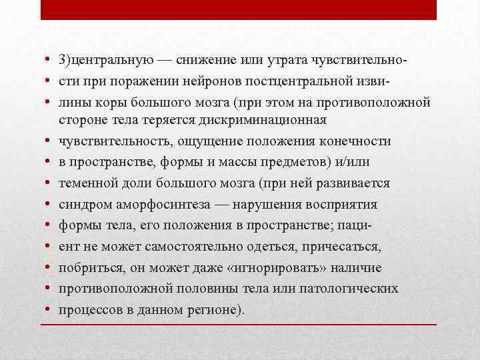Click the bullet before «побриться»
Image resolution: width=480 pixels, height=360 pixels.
(49, 267)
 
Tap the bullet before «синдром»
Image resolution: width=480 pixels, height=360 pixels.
(49, 204)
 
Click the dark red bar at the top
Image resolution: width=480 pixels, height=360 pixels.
(239, 10)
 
